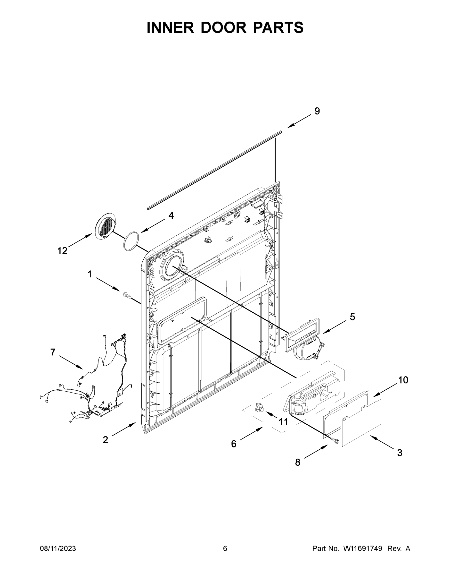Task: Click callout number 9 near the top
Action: pos(317,111)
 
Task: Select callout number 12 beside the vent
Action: pos(62,251)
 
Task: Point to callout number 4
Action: pos(171,215)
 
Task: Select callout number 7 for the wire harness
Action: pos(53,352)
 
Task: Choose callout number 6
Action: pos(234,444)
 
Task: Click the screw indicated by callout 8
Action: pos(335,441)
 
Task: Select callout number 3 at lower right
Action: pos(399,453)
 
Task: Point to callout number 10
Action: pos(403,380)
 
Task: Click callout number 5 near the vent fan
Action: pos(352,317)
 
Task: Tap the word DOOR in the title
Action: pos(223,27)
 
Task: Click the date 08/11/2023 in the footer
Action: pos(58,549)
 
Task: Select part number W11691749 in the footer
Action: pos(363,549)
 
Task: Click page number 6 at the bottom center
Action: pos(225,549)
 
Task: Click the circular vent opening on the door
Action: pos(172,266)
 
